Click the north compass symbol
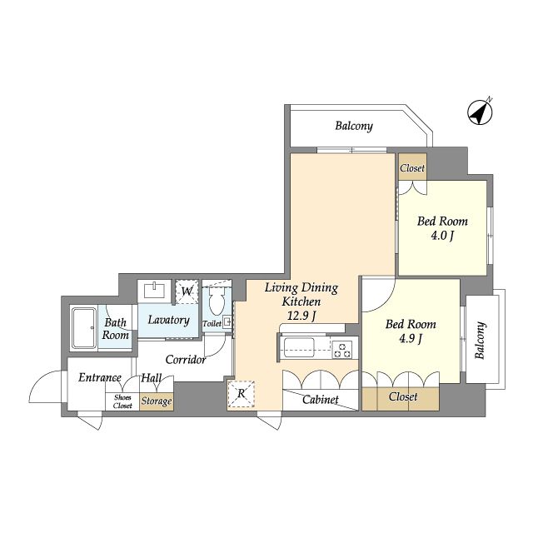(480, 112)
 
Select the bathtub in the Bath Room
(83, 328)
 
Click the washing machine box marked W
(187, 291)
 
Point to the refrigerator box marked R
(241, 394)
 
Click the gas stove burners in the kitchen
(342, 350)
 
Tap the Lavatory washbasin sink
(154, 291)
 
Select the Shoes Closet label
(122, 401)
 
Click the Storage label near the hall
(157, 401)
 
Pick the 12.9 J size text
(301, 316)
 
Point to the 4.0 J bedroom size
(442, 236)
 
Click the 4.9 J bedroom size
(411, 339)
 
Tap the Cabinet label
(320, 400)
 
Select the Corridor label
(186, 360)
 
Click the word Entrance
(100, 377)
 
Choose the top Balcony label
(354, 126)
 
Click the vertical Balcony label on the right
(480, 341)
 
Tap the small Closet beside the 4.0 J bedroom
(412, 168)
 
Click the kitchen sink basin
(299, 347)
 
